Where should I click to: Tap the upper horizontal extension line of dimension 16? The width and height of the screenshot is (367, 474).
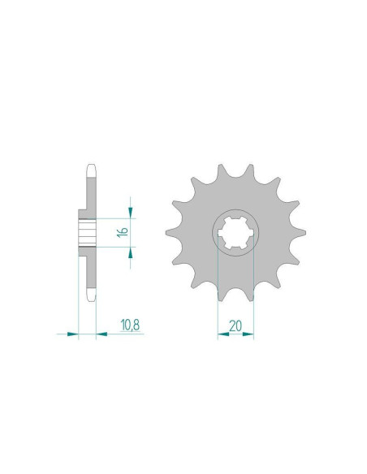coord(114,218)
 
